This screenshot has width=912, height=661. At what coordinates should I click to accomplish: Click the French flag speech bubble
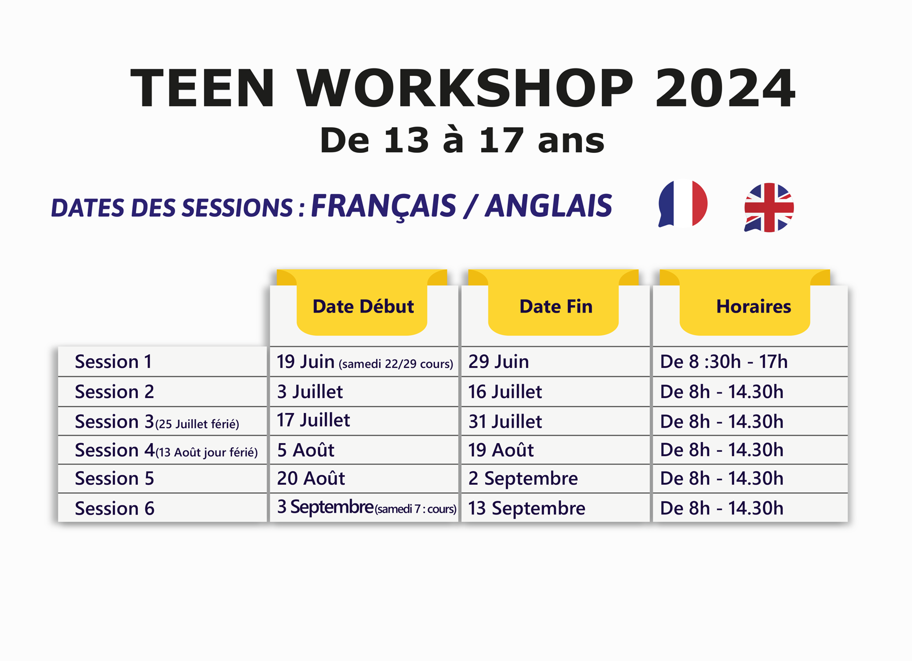pos(683,204)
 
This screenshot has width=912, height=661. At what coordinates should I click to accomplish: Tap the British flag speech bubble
pos(769,208)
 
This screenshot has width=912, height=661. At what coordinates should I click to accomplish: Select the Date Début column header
pos(363,307)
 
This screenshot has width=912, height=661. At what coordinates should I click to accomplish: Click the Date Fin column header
pos(556,307)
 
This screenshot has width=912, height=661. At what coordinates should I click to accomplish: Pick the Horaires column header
pos(753,307)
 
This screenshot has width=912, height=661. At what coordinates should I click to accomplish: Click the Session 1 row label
pos(113,362)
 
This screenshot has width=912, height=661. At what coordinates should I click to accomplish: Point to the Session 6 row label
pos(115,508)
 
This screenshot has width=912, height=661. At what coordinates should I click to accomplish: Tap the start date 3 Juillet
pos(310,392)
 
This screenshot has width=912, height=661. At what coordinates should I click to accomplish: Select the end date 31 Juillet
pos(505,421)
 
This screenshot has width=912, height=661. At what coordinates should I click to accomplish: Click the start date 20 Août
pos(311,478)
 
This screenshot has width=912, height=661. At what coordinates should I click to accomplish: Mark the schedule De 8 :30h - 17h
pos(723,362)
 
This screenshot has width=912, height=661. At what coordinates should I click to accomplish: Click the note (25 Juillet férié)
pos(197,424)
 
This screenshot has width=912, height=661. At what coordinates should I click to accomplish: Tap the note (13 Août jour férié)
pos(206,452)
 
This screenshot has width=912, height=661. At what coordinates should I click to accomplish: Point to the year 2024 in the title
pos(724,88)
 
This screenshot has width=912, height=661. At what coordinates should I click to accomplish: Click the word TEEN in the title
pos(202,88)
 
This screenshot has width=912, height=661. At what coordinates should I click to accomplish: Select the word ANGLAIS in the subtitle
pos(548,206)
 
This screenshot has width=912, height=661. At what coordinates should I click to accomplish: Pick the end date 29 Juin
pos(498,362)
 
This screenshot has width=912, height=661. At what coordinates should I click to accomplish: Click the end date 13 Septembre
pos(527,509)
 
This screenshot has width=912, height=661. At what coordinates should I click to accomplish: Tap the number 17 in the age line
pos(501,140)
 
